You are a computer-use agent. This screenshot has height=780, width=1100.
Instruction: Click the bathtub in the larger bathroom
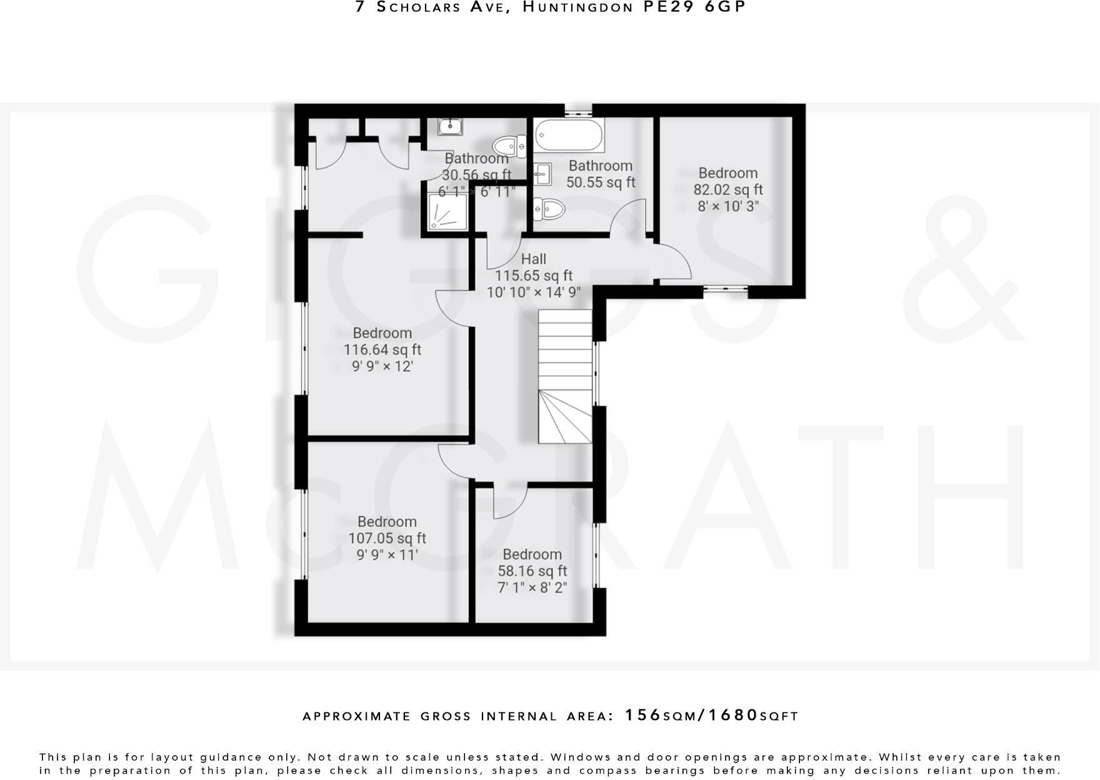569,135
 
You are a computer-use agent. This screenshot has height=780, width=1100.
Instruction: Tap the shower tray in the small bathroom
447,211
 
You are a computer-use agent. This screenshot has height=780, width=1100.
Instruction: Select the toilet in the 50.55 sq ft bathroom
549,207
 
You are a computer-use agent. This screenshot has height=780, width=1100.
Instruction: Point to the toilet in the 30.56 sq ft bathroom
509,147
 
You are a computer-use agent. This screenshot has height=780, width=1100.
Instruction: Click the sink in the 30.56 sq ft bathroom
450,127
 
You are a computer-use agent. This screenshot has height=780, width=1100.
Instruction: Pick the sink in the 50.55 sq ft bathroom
542,173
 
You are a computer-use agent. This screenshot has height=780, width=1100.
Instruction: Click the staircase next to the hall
565,377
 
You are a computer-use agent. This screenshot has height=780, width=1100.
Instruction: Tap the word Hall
533,259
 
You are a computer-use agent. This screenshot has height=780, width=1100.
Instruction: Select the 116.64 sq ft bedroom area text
382,349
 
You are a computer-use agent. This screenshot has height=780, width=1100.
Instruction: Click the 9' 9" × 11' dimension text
387,554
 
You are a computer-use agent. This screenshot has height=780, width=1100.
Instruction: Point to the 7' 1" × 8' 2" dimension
532,587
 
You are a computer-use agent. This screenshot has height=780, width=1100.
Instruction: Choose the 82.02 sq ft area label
728,189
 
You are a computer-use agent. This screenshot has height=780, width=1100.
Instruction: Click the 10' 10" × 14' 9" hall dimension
534,292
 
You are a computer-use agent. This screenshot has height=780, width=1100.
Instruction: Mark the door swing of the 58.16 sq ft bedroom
510,502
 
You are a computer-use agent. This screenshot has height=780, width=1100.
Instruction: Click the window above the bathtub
578,112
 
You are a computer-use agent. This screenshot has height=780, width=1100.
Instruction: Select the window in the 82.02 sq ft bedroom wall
726,289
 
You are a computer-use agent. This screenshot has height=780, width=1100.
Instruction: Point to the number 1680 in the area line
732,715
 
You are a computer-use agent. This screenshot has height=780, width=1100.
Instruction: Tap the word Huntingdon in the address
577,7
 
